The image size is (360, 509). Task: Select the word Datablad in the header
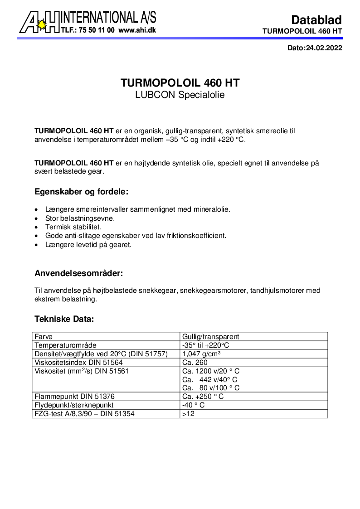point(316,19)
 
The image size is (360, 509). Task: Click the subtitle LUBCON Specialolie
point(180,95)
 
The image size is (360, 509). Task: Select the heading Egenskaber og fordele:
point(82,192)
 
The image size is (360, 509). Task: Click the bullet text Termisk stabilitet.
point(73,227)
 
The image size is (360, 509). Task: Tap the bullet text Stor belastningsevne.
point(80,218)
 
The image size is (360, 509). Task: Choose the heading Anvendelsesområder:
point(79,274)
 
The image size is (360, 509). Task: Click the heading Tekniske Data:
point(64,319)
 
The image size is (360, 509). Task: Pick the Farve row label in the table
point(44,337)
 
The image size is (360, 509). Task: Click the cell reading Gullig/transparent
point(210,337)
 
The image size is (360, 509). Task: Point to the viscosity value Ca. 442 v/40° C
point(209,379)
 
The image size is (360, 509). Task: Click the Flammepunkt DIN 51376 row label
point(72,397)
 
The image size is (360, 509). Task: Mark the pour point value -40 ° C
point(193,405)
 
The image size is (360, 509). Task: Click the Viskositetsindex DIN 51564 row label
point(78,363)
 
